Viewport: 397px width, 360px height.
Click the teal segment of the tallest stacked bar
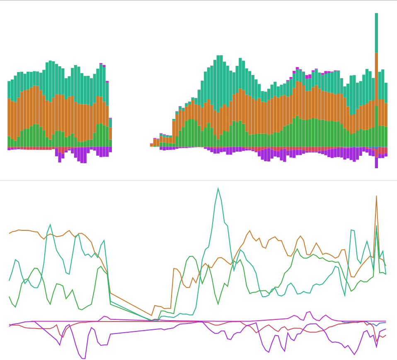pyautogui.click(x=376, y=33)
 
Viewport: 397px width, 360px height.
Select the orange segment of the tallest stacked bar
pyautogui.click(x=376, y=79)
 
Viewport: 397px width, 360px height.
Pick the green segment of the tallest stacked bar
pyautogui.click(x=376, y=126)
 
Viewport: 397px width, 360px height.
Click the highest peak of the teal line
pyautogui.click(x=218, y=188)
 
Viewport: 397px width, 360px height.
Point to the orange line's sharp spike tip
pyautogui.click(x=376, y=196)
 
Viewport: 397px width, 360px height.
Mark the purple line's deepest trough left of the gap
pyautogui.click(x=84, y=358)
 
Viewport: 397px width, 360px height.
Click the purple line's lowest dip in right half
pyautogui.click(x=354, y=354)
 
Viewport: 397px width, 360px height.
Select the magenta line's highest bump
pyautogui.click(x=309, y=312)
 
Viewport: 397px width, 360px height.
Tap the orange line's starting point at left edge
pyautogui.click(x=10, y=233)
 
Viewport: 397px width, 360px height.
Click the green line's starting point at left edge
pyautogui.click(x=10, y=297)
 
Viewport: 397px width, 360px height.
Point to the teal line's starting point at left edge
pyautogui.click(x=10, y=280)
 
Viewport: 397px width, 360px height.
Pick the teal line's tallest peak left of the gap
pyautogui.click(x=50, y=225)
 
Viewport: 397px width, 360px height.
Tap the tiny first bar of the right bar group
pyautogui.click(x=152, y=145)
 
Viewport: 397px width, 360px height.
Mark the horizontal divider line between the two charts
pyautogui.click(x=198, y=180)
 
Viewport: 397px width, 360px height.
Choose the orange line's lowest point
pyautogui.click(x=152, y=315)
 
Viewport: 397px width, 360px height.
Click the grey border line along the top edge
pyautogui.click(x=198, y=0)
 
